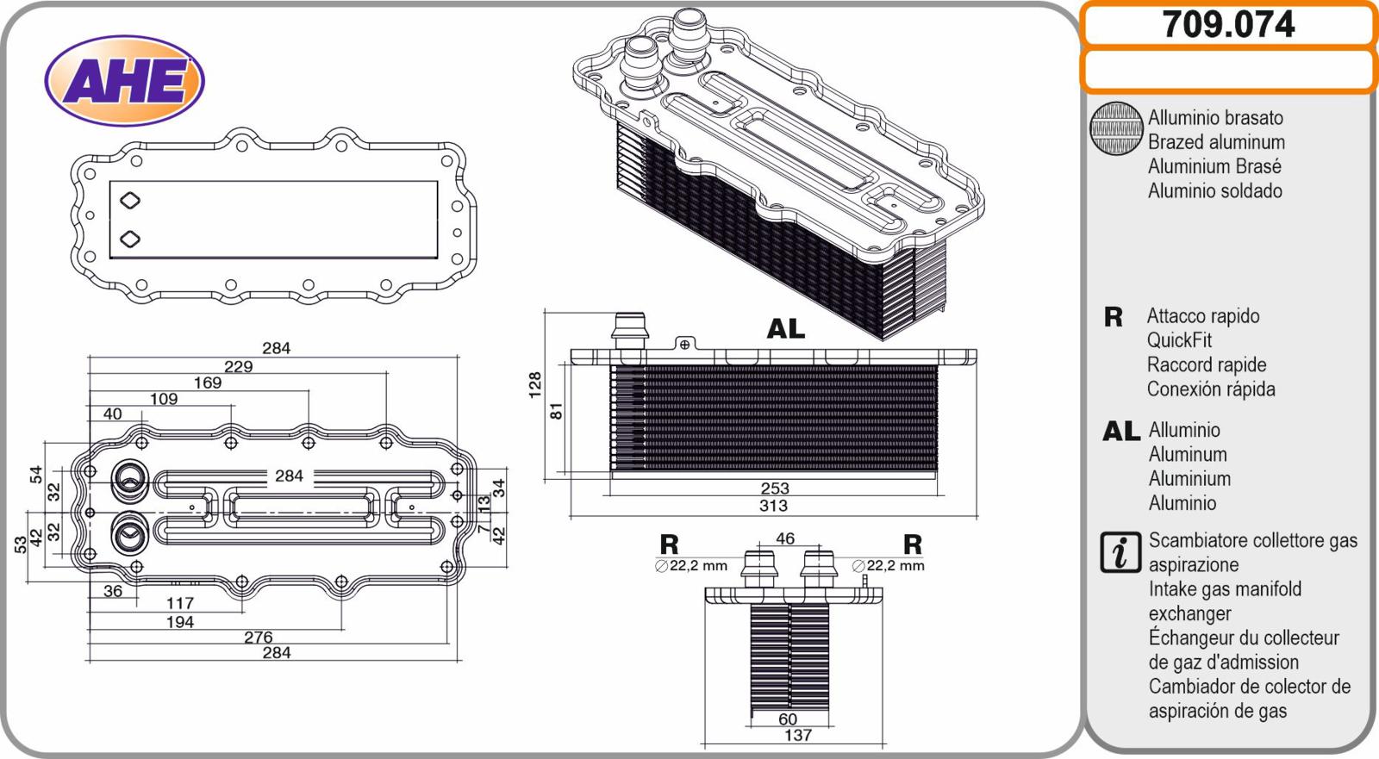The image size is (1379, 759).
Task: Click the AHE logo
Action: [x=124, y=81]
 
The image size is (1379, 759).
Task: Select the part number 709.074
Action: [x=1228, y=24]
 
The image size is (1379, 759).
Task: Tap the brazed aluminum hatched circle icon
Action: [x=1116, y=129]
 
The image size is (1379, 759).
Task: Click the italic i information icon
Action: [x=1120, y=552]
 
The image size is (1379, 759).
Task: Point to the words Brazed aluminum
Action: [x=1215, y=142]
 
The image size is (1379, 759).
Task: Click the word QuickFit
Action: [x=1178, y=340]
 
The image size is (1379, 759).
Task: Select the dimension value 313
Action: [x=773, y=506]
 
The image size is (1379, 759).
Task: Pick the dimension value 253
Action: [x=775, y=488]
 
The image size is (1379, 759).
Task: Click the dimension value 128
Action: [x=535, y=384]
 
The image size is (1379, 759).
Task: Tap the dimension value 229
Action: [x=238, y=366]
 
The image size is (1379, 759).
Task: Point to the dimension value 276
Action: [x=258, y=638]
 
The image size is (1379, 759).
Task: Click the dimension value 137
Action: [x=797, y=735]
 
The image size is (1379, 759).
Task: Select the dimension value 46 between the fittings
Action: [x=784, y=538]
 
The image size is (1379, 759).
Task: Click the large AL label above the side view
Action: [x=785, y=329]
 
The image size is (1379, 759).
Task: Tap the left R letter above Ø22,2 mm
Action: [x=669, y=544]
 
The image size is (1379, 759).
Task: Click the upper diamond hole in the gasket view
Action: [x=129, y=201]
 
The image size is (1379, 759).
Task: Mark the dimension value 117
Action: [x=180, y=603]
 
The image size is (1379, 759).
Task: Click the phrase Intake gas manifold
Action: [x=1224, y=589]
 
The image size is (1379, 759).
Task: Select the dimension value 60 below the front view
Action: [x=788, y=719]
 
